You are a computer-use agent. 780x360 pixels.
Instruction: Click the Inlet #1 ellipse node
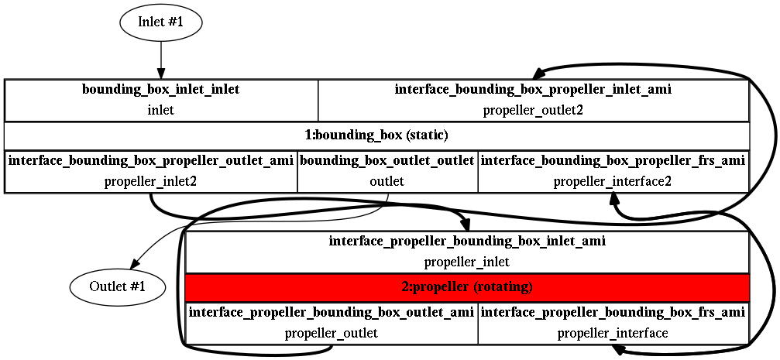coord(160,23)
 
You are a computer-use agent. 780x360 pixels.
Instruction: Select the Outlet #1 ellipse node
coord(118,286)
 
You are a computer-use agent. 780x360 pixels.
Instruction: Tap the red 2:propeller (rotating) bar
coord(466,287)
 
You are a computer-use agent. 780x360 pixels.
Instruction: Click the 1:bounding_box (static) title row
coord(376,135)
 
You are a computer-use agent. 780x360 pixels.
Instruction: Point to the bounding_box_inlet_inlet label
coord(160,90)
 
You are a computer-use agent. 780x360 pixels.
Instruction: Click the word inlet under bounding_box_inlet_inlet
coord(160,110)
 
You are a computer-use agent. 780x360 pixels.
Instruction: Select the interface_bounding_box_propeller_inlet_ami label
coord(533,90)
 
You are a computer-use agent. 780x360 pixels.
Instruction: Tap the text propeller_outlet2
coord(533,110)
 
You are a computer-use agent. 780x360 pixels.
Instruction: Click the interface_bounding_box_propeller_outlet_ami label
coord(151,160)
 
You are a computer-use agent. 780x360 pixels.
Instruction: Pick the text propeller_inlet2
coord(151,181)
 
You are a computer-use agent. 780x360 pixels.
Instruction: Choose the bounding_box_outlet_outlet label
coord(387,160)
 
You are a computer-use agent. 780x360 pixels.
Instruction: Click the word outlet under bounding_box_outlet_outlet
coord(387,181)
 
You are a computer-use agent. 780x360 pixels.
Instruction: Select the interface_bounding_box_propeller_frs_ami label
coord(613,160)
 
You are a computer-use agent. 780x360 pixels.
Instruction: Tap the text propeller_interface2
coord(613,181)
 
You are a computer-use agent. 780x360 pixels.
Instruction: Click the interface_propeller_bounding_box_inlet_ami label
coord(466,242)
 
